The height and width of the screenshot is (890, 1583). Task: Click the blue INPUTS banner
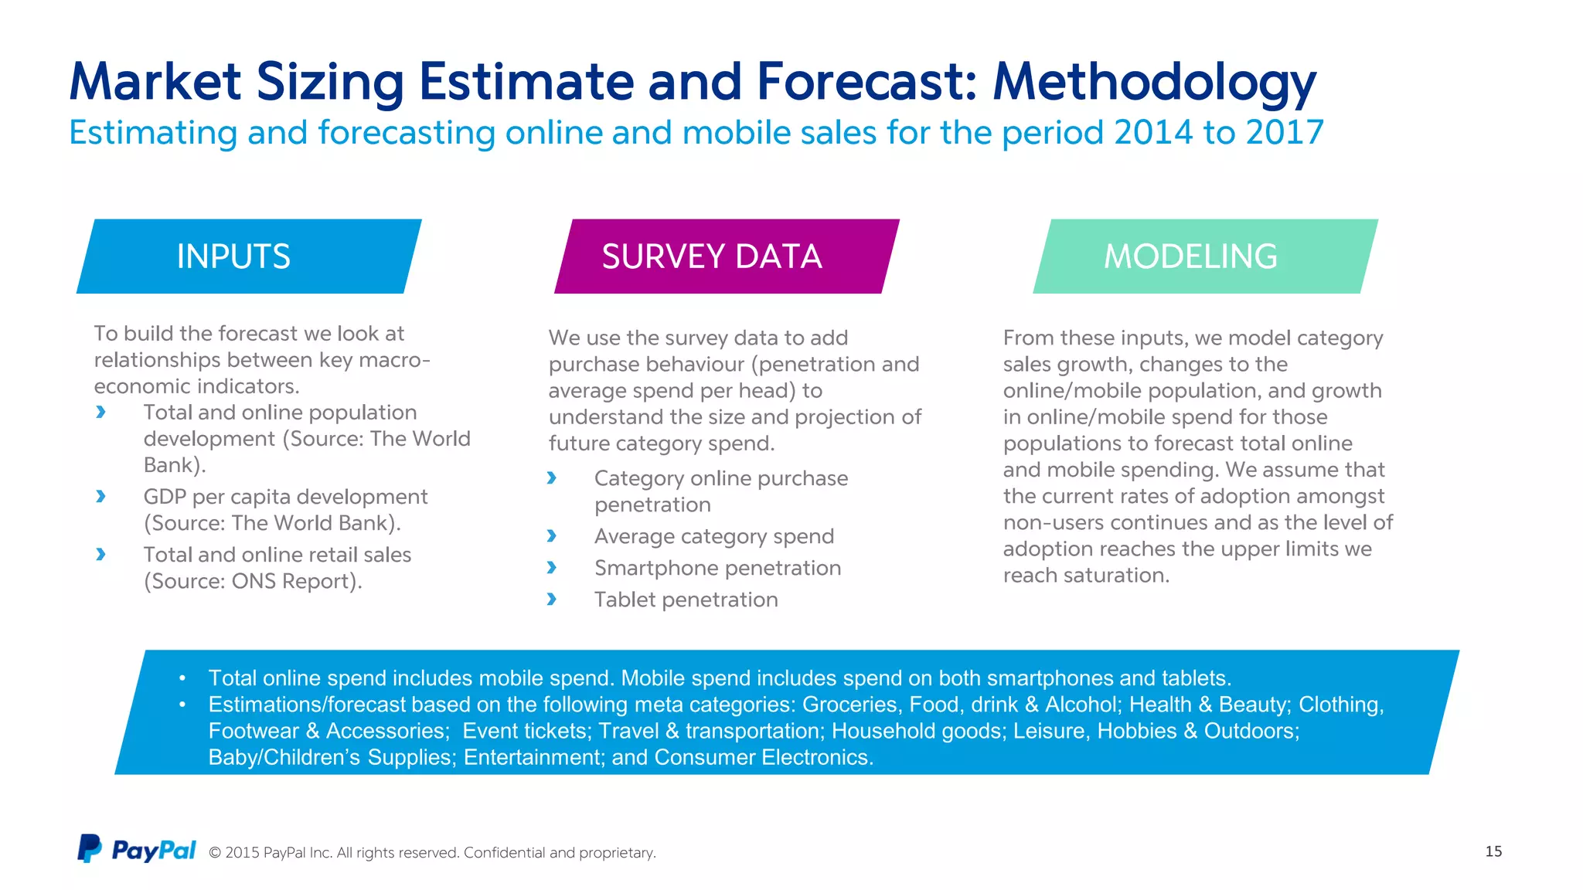pos(248,256)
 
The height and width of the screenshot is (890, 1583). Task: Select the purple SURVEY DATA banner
pos(726,256)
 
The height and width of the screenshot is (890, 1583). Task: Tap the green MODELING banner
pos(1204,256)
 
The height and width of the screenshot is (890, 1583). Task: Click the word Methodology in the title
pos(1154,82)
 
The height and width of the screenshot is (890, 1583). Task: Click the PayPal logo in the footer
pos(137,849)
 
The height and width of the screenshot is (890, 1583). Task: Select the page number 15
pos(1493,851)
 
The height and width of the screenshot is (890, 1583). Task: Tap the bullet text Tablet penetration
pos(686,600)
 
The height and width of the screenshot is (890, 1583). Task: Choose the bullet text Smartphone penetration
pos(717,568)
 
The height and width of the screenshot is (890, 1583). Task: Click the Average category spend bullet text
pos(713,536)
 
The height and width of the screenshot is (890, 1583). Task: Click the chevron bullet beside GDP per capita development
pos(100,497)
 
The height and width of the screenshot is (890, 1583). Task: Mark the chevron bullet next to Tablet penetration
pos(551,600)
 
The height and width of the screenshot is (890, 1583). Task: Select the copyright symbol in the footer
pos(215,853)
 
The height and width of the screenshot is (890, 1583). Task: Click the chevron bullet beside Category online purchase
pos(551,478)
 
